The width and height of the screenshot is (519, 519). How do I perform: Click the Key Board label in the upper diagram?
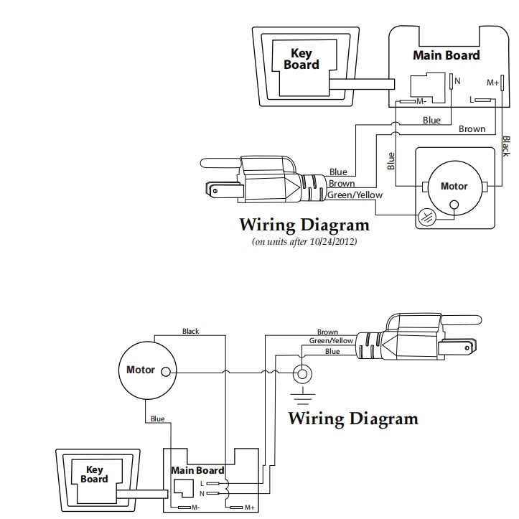point(301,58)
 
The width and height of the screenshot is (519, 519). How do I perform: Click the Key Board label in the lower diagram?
point(95,474)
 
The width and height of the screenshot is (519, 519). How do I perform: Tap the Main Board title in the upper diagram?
point(446,55)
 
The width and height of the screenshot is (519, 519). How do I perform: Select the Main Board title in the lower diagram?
point(197,471)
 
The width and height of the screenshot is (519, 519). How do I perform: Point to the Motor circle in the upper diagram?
point(453,187)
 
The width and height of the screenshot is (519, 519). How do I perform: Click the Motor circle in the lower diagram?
point(146,370)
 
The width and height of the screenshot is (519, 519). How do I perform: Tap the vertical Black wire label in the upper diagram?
point(505,146)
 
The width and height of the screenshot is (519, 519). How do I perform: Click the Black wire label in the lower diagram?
point(190,332)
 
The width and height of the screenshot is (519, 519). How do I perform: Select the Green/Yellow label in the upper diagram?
point(355,195)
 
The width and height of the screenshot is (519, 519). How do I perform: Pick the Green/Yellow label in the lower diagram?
point(331,341)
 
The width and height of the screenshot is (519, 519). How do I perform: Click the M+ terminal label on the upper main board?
point(492,83)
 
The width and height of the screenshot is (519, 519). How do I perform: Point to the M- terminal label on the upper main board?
point(421,102)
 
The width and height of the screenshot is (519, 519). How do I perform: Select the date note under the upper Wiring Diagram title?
point(304,242)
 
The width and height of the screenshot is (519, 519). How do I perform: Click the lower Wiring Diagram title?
point(352,418)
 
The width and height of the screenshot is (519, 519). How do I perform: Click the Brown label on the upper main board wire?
point(472,129)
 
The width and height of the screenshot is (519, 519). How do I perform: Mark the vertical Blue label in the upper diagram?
point(391,161)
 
